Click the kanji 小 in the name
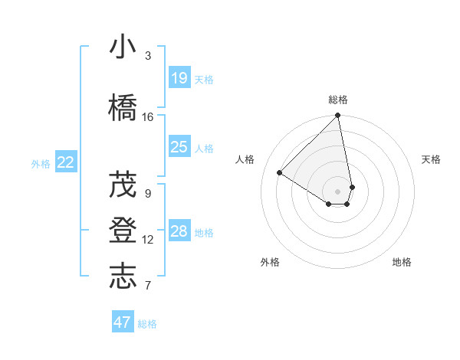click(x=123, y=47)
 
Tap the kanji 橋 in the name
click(x=123, y=107)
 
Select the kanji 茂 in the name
click(x=123, y=184)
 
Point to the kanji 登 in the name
click(x=123, y=231)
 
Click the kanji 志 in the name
click(x=123, y=277)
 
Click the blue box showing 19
click(x=179, y=77)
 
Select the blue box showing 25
click(x=179, y=147)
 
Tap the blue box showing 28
click(x=179, y=231)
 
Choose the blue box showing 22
click(x=66, y=162)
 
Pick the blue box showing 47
click(x=123, y=322)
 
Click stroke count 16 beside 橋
click(x=148, y=117)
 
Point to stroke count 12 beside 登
click(x=148, y=240)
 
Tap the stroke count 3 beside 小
click(x=148, y=56)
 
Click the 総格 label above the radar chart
click(x=338, y=100)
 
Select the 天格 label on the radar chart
click(x=431, y=159)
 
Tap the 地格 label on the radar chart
click(x=402, y=263)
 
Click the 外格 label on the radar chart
click(x=270, y=263)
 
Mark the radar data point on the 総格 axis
click(x=338, y=116)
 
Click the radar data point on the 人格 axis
click(x=280, y=173)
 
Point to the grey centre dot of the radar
click(x=338, y=191)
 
